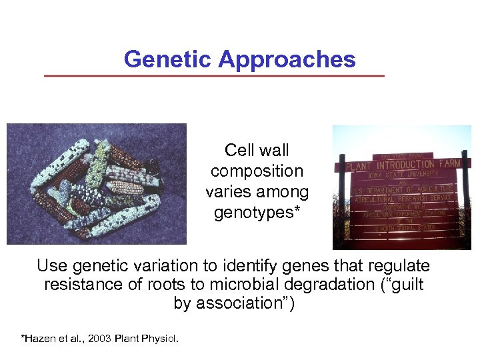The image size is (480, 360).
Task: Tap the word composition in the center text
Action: point(257,171)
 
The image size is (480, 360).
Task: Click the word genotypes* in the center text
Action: point(257,213)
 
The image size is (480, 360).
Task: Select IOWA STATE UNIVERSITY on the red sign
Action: point(403,175)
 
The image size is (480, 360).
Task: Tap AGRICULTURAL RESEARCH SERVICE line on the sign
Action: point(403,197)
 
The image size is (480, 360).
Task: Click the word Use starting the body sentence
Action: point(52,266)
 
